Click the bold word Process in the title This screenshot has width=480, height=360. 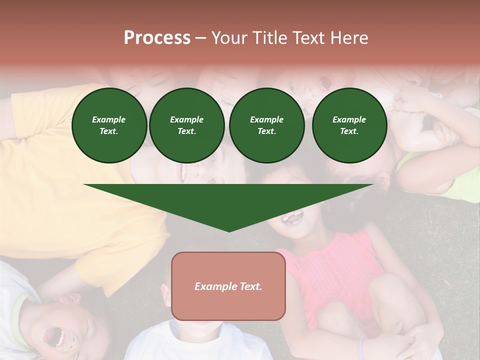(157, 38)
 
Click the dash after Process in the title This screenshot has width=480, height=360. (200, 38)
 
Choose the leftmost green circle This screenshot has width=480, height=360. (109, 125)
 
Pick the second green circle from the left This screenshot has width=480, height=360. (187, 125)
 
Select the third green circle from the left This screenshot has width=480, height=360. (267, 125)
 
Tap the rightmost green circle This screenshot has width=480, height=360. (349, 125)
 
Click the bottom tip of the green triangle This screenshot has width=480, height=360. (229, 231)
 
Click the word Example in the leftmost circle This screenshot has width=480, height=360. (109, 119)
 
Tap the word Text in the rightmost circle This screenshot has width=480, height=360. (349, 131)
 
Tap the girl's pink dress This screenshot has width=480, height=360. (330, 270)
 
